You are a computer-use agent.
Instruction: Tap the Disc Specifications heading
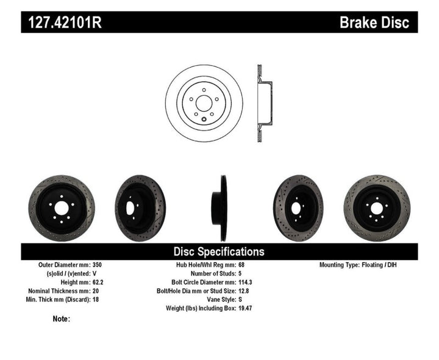tap(219, 251)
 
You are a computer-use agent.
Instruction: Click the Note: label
tap(62, 319)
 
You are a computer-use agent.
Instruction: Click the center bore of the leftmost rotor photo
tap(61, 207)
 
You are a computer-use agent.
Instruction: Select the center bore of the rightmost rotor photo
tap(376, 208)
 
